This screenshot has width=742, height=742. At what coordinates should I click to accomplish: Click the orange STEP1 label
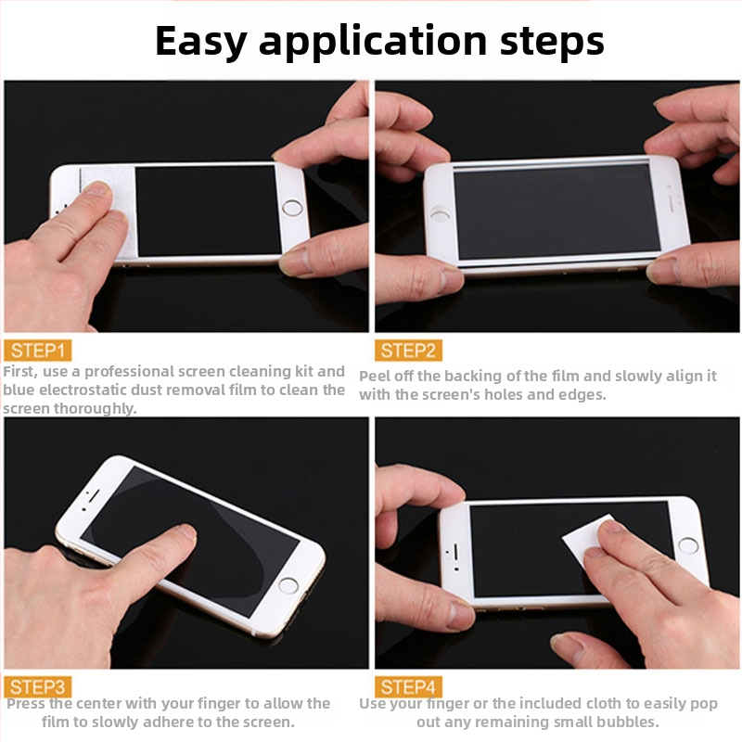(x=37, y=351)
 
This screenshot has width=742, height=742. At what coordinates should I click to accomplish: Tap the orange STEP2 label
(x=408, y=351)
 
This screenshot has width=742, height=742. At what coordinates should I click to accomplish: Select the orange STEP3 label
(x=37, y=686)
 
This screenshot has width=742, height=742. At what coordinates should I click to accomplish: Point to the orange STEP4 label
(x=408, y=686)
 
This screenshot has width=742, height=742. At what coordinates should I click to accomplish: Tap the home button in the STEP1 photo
(x=291, y=208)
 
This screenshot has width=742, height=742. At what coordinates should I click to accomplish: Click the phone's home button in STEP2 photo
(x=440, y=215)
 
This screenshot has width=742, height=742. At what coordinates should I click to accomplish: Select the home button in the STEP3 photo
(x=288, y=585)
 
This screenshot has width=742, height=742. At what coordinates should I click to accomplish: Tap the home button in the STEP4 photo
(x=687, y=545)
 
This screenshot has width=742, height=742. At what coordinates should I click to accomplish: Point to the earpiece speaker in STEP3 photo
(x=94, y=496)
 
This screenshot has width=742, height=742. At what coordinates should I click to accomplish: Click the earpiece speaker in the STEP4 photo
(x=456, y=551)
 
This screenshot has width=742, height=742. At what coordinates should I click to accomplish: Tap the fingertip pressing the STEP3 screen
(x=186, y=532)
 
